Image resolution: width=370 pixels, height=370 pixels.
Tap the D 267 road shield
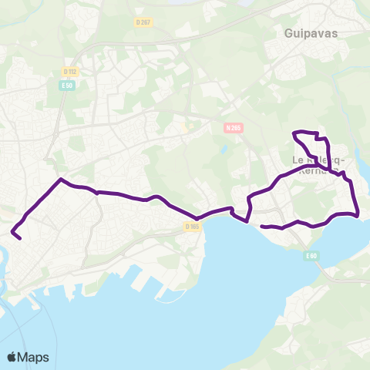tap(143, 22)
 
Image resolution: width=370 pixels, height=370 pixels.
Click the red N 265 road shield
tap(234, 129)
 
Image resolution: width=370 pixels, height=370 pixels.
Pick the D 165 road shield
tap(192, 227)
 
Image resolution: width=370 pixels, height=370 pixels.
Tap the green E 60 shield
tap(311, 256)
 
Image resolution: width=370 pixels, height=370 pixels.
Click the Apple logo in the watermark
tap(12, 357)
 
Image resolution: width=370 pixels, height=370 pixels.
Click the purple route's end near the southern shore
tap(264, 227)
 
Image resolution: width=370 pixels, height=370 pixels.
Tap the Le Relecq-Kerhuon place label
tap(318, 165)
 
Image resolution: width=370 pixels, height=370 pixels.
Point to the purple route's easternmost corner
tap(358, 215)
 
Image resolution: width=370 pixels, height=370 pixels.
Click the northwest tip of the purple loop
tap(294, 134)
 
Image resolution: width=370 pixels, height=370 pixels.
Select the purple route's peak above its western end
tap(61, 180)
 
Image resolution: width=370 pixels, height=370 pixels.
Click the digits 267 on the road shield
tap(146, 22)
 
